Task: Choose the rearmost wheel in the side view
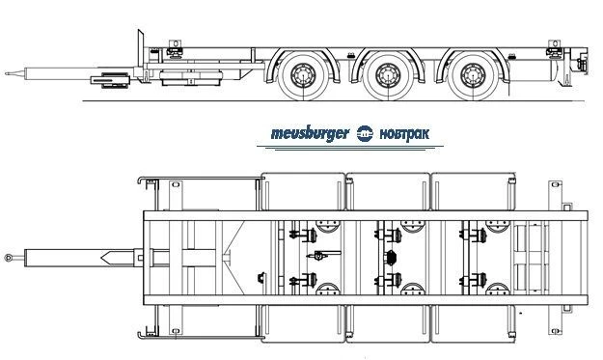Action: point(473,74)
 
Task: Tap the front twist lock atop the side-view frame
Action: point(176,43)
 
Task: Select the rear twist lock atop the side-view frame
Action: point(553,43)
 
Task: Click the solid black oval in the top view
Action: point(391,257)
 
